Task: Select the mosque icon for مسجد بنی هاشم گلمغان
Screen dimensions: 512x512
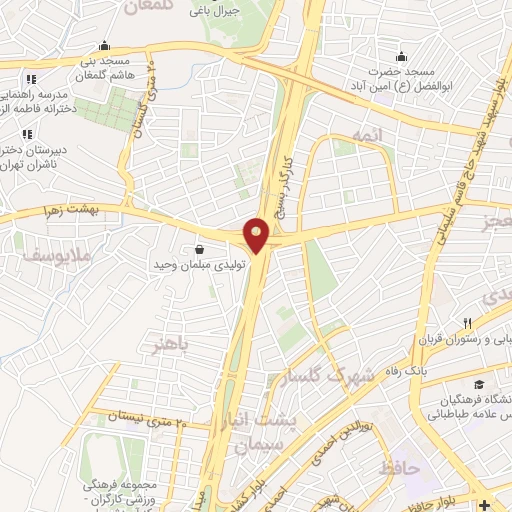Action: coord(104,45)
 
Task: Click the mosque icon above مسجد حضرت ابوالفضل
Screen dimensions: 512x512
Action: coord(401,55)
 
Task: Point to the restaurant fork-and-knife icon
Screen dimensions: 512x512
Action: coord(466,323)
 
